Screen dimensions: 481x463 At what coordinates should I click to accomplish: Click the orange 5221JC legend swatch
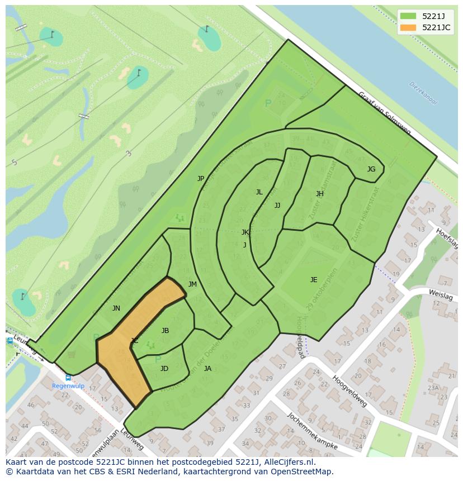pos(409,27)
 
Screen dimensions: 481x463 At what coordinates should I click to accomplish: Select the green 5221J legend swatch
pos(409,16)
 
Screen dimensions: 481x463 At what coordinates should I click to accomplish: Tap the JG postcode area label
pos(371,169)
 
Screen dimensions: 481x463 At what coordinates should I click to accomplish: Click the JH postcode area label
pos(319,194)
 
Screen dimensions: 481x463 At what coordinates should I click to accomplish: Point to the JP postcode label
pos(201,179)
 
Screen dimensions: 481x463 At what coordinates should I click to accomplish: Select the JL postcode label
pos(259,192)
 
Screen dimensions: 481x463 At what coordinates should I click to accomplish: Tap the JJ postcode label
pos(277,206)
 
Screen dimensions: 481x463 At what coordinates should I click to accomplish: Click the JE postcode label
pos(314,280)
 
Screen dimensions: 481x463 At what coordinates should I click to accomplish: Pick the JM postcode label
pos(192,284)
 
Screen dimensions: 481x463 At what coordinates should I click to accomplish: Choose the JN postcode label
pos(116,308)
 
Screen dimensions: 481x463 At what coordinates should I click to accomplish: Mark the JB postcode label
pos(165,331)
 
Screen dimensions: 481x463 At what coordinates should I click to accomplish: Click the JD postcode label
pos(164,369)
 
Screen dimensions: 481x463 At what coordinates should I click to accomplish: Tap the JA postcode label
pos(207,369)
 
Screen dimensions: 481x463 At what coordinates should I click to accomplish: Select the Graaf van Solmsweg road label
pos(384,113)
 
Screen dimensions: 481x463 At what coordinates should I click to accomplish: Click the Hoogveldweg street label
pos(349,390)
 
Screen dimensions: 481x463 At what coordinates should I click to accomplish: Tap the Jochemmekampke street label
pos(312,431)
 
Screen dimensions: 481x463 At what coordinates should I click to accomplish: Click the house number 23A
pos(433,388)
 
